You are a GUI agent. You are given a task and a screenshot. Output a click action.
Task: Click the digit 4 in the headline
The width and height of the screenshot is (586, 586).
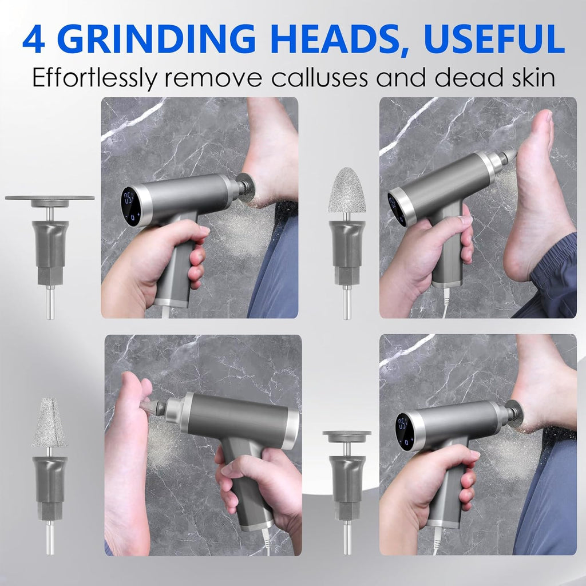point(34,39)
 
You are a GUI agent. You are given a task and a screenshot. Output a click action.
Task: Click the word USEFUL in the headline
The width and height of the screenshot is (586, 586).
point(494,39)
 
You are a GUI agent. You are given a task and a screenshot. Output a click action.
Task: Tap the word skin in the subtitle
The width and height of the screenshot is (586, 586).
point(533,77)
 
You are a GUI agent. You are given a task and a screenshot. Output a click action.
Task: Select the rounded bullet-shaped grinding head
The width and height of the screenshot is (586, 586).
point(347,190)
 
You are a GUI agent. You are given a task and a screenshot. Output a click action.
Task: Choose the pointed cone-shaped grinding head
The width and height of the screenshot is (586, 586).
point(49,422)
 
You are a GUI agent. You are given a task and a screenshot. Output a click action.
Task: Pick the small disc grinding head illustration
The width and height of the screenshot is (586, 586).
point(347,437)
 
